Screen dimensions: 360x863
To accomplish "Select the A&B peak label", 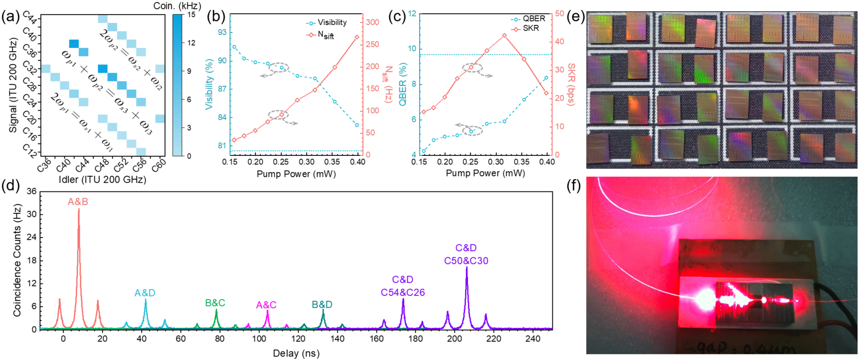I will coord(78,202).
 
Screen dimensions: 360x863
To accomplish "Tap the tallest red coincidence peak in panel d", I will coord(79,210).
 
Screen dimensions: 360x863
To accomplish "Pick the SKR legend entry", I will coord(530,28).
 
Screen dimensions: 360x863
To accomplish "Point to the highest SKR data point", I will coord(504,36).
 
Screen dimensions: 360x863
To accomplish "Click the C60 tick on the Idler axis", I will coord(158,166).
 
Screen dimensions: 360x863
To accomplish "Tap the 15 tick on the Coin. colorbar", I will coord(191,15).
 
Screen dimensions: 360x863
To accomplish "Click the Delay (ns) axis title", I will coord(296,353).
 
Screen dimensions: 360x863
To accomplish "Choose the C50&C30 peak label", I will coord(466,261).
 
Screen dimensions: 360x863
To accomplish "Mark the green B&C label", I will coord(215,303).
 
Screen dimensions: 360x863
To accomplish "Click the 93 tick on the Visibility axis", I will coord(221,32).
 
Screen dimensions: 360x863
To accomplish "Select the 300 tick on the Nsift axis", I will coord(372,22).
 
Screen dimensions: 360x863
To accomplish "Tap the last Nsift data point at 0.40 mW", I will coord(357,37).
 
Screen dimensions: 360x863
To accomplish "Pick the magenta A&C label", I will coord(266,305).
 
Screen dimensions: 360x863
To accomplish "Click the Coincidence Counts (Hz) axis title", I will coord(17,260).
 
